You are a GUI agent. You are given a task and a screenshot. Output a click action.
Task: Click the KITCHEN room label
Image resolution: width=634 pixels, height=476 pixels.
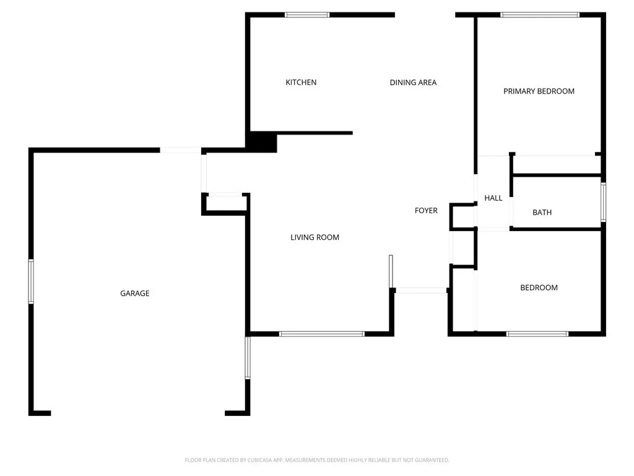click(x=301, y=82)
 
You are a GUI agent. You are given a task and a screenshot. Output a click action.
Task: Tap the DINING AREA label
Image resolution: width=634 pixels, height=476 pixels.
click(x=413, y=82)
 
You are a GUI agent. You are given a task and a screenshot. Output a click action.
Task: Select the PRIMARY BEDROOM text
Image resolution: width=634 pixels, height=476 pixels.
click(x=539, y=91)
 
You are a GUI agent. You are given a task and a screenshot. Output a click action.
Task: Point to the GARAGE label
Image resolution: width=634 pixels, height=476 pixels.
click(x=134, y=293)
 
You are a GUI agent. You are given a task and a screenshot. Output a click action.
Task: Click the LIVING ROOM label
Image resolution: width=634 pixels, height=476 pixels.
click(x=315, y=237)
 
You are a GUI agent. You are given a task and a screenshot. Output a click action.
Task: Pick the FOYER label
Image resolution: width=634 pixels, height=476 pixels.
click(x=426, y=211)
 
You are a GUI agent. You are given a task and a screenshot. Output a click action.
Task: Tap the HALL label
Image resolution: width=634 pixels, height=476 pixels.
click(x=493, y=198)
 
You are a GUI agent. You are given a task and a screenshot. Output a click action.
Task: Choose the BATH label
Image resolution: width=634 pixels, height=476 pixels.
click(x=542, y=213)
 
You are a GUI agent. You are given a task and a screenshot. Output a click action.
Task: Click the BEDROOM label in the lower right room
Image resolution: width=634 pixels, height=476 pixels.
click(x=539, y=288)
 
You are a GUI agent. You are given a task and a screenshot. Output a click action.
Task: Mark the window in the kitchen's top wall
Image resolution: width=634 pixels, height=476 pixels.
click(x=307, y=14)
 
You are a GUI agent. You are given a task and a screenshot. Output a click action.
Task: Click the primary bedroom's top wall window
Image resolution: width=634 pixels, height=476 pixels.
click(x=540, y=14)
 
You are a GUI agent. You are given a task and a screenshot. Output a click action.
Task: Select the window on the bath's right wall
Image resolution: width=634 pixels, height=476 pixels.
click(x=604, y=202)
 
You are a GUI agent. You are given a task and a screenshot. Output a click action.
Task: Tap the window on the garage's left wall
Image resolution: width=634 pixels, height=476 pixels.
click(x=31, y=281)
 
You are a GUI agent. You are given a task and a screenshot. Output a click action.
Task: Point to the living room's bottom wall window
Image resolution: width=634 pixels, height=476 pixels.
click(x=322, y=334)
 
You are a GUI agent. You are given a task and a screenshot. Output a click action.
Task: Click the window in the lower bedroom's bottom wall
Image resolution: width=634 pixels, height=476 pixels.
click(x=537, y=334)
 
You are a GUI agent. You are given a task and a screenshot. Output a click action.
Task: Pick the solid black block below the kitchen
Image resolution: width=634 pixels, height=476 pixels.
click(x=262, y=142)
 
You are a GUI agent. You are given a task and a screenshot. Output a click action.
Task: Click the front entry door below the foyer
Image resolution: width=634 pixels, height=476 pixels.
click(x=421, y=289)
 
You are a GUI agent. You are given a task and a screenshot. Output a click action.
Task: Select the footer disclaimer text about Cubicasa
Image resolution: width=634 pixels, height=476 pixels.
click(x=317, y=460)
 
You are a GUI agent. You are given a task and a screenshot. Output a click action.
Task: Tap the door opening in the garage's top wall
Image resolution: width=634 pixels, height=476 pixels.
click(x=180, y=150)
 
